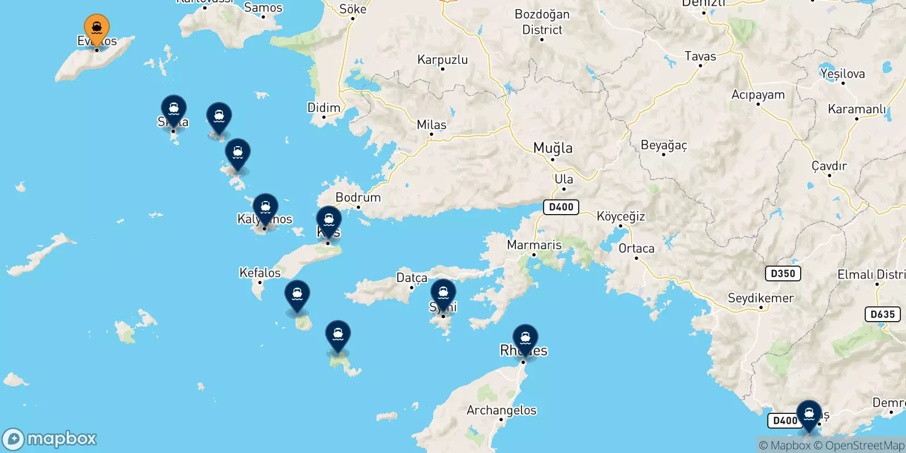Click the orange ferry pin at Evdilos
click(x=97, y=28)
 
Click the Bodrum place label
click(x=358, y=198)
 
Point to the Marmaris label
click(x=534, y=245)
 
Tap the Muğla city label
click(x=553, y=148)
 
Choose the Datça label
click(x=412, y=277)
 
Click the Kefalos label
click(x=260, y=273)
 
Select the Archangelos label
click(x=501, y=410)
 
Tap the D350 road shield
click(x=783, y=273)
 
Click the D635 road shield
click(x=883, y=314)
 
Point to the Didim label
click(x=324, y=108)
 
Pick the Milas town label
click(x=431, y=125)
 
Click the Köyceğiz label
click(x=621, y=216)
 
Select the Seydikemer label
click(x=760, y=298)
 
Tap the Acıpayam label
click(x=758, y=95)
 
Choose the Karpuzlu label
click(x=442, y=59)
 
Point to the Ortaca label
click(x=636, y=249)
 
